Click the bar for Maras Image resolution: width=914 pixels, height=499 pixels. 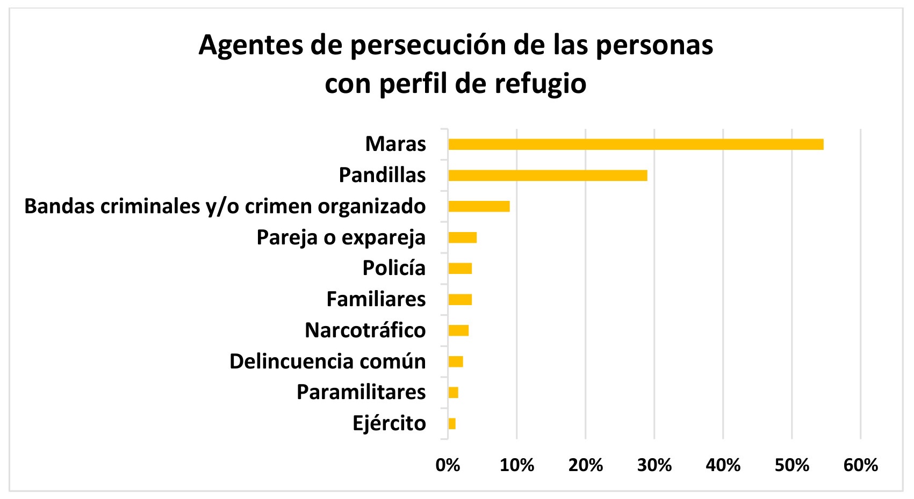click(x=636, y=144)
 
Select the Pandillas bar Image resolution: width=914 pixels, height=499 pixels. click(x=548, y=176)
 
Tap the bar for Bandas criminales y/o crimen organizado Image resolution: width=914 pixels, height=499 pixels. click(x=479, y=206)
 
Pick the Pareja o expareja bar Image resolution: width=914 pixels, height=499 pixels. click(x=462, y=237)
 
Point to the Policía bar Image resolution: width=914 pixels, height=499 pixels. click(x=460, y=269)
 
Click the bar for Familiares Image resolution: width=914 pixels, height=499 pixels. click(x=460, y=300)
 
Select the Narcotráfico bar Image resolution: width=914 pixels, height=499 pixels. click(x=458, y=330)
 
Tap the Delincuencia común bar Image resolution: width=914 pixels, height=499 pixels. click(x=456, y=361)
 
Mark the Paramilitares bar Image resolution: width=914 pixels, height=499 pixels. click(x=453, y=393)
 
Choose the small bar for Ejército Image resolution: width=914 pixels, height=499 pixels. click(x=452, y=424)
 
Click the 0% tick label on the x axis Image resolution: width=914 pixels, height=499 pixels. click(x=448, y=465)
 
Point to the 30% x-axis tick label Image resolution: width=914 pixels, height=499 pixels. click(x=654, y=465)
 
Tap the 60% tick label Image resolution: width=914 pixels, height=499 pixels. click(x=860, y=465)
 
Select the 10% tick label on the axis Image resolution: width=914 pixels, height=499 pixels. click(x=516, y=465)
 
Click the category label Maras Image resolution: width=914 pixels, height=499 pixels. click(x=395, y=144)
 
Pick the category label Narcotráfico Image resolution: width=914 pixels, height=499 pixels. click(x=365, y=330)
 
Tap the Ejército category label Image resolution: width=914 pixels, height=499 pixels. click(x=389, y=424)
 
